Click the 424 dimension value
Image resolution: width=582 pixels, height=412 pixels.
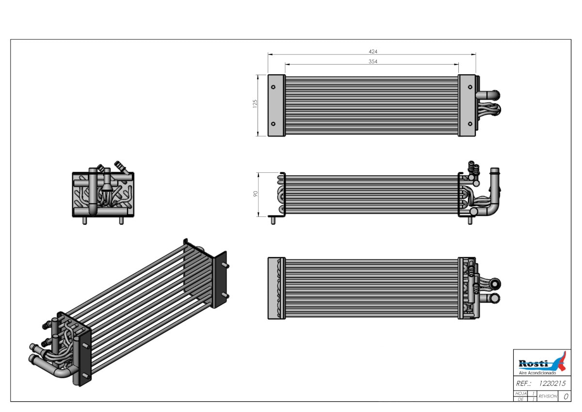[373, 51]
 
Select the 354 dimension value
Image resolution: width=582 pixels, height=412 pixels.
[373, 61]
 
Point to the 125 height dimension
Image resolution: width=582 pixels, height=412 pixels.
[255, 104]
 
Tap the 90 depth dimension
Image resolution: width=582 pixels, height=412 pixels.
[256, 194]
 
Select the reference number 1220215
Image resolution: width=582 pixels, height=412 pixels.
[552, 383]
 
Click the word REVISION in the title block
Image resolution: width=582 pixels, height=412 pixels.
[548, 396]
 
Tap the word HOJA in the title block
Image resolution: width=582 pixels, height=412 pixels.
[521, 394]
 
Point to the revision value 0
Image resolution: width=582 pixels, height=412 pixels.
[566, 396]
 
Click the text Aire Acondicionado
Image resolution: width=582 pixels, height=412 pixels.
[537, 373]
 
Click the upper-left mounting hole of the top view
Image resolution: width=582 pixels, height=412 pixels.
[273, 87]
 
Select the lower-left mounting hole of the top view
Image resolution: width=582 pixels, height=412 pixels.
[273, 124]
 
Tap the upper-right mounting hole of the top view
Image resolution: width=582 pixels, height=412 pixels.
[470, 87]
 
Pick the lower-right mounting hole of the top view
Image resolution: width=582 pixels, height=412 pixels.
[470, 124]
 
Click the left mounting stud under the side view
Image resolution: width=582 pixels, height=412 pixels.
[273, 220]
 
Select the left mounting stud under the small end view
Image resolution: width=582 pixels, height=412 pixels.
[84, 220]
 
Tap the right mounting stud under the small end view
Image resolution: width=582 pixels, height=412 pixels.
[121, 220]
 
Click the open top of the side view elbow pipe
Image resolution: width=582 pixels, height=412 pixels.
[494, 169]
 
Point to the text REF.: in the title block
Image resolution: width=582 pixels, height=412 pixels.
[523, 383]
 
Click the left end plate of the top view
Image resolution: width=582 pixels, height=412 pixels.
[276, 105]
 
